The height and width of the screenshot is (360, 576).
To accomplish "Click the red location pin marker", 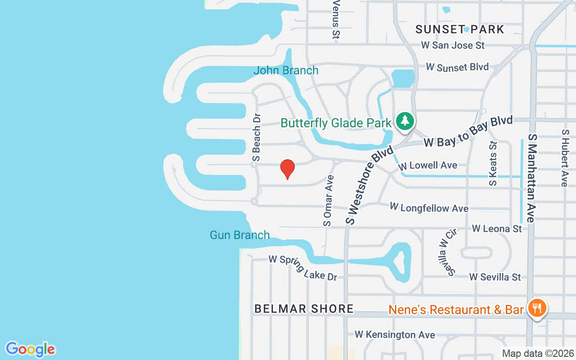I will [x=288, y=169].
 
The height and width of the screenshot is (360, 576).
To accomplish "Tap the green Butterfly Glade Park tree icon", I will [x=405, y=121].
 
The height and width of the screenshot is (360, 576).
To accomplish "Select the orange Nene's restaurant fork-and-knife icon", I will [x=537, y=308].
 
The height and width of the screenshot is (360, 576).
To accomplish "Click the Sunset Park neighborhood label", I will [x=460, y=30].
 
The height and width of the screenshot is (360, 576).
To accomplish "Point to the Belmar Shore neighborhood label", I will [x=304, y=309].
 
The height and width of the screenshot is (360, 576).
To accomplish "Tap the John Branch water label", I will [x=286, y=71].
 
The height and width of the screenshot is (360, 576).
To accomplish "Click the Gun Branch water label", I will [x=240, y=235].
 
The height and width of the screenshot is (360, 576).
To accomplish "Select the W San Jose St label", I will [x=453, y=45].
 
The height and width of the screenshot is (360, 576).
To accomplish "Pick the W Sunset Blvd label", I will [x=457, y=67].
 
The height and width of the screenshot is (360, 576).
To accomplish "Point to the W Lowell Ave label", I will [x=428, y=166].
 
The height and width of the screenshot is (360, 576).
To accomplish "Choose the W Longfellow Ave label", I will [x=429, y=208].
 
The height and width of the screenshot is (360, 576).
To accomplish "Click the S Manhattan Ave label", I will [x=531, y=178].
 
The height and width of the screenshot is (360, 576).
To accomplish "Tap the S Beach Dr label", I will [x=256, y=137].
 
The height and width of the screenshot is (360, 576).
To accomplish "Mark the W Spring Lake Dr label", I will [x=303, y=268].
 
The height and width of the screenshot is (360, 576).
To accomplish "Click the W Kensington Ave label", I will [x=395, y=335].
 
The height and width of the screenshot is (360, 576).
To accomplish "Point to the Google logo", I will [x=31, y=349].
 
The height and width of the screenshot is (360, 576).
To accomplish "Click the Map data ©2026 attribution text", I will [x=538, y=354].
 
